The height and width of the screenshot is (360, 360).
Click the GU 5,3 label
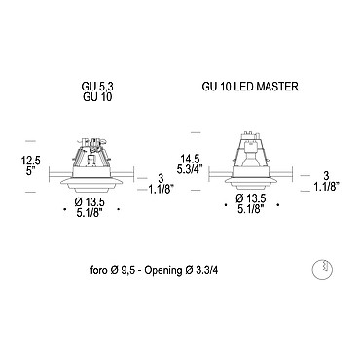97,87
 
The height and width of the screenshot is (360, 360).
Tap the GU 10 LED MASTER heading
250,87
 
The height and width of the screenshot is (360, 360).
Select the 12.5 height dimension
31,161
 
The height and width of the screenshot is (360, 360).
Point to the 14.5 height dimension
191,159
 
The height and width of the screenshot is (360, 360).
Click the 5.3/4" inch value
190,169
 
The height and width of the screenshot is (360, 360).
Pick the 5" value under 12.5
31,171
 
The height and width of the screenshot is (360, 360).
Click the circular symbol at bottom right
322,270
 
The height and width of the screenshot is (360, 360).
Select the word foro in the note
98,270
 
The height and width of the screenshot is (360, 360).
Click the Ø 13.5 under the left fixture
90,202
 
